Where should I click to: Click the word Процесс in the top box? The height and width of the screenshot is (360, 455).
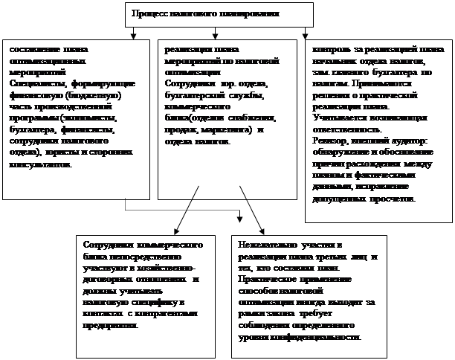pos(147,14)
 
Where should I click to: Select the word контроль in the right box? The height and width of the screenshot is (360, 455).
pos(332,48)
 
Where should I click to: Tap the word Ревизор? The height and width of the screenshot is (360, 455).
pos(330,141)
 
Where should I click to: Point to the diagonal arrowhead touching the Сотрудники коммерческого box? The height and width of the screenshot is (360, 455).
pos(175,231)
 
